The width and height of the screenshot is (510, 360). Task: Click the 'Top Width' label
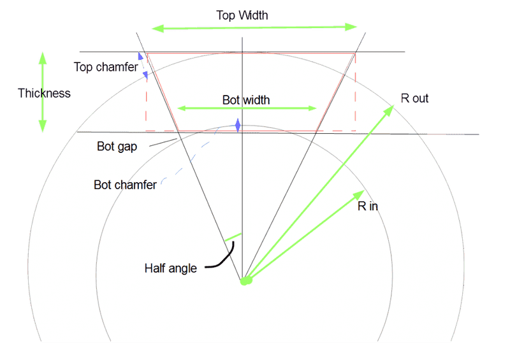[x=242, y=15]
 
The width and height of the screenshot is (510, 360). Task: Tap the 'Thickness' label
[x=44, y=93]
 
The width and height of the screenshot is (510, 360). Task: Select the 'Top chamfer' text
[x=106, y=67]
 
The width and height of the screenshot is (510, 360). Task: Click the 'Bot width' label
[x=246, y=100]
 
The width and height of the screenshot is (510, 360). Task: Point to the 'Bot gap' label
[x=117, y=147]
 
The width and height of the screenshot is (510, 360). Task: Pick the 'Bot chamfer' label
[x=125, y=185]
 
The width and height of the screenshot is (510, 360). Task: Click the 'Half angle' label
[x=170, y=268]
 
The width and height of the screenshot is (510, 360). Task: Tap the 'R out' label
[x=414, y=98]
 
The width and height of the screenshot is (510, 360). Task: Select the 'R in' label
[x=368, y=206]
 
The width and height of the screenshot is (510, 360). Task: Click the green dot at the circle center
[x=246, y=280]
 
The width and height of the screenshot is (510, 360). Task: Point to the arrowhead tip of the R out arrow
[x=394, y=105]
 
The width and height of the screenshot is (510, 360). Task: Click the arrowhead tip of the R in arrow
[x=364, y=191]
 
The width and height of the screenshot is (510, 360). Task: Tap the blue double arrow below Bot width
[x=238, y=125]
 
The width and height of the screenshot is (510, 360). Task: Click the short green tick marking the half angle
[x=233, y=237]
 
